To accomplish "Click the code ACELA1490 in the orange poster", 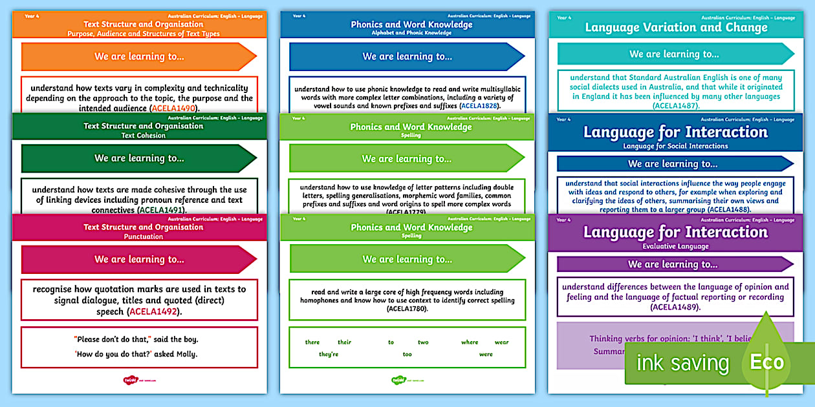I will (x=175, y=109).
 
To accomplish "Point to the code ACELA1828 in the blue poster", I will (x=479, y=105).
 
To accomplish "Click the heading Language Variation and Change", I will (x=676, y=27).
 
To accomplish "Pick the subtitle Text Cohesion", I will (x=143, y=136).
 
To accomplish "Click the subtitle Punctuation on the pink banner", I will (x=143, y=236).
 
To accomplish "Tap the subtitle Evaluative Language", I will (x=675, y=246).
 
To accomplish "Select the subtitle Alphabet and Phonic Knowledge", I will (x=411, y=33).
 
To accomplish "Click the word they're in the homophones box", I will (x=329, y=354).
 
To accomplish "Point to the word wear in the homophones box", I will (x=501, y=342).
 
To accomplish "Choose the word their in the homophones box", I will (x=344, y=342).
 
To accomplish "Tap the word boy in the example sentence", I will (x=187, y=339).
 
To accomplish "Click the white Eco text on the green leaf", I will (x=766, y=362).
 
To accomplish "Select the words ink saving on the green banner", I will (x=682, y=363).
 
